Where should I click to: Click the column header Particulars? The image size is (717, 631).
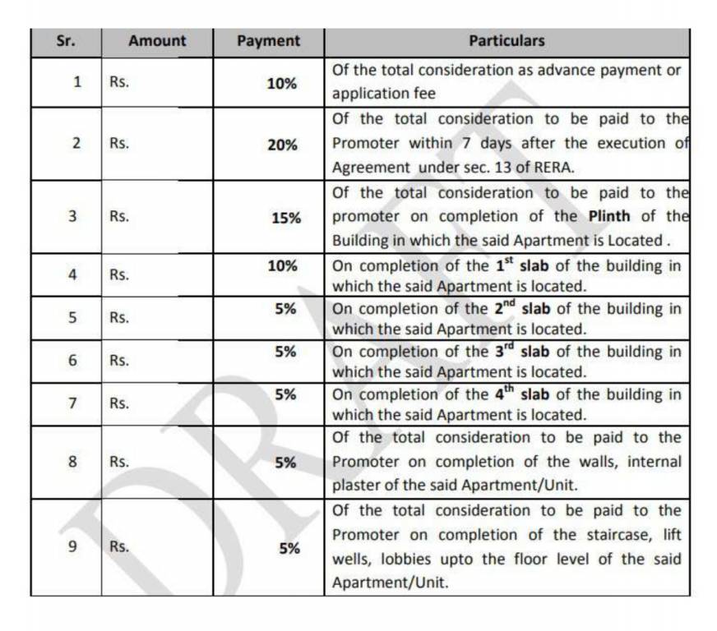tap(507, 40)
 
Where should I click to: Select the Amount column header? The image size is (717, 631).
tap(157, 40)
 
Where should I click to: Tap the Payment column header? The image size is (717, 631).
tap(268, 40)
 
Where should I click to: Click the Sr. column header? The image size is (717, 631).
tap(66, 40)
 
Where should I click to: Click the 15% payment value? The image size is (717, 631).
tap(286, 218)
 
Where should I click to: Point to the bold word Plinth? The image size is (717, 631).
tap(611, 216)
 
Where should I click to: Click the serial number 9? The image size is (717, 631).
tap(73, 546)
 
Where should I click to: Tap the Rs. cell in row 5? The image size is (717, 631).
tap(120, 318)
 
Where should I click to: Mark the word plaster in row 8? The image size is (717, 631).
tap(356, 485)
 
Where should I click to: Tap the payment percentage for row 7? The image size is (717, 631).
tap(285, 394)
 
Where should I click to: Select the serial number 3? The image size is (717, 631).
tap(73, 217)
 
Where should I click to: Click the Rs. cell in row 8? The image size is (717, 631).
tap(120, 462)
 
